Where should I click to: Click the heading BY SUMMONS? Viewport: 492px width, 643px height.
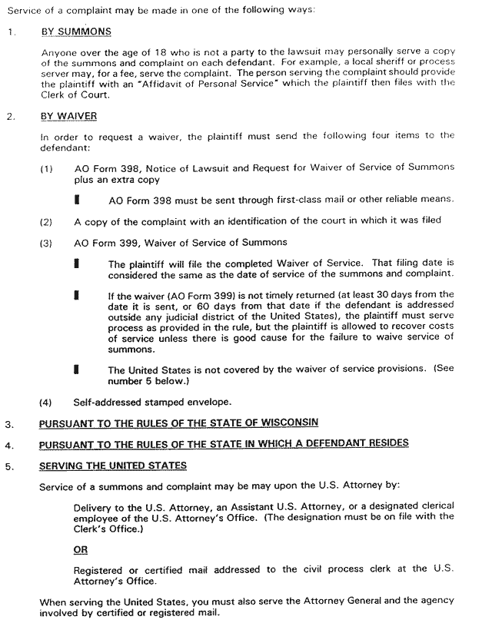click(x=75, y=32)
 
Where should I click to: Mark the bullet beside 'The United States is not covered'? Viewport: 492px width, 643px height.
click(x=76, y=370)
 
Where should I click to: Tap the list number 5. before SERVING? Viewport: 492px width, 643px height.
click(x=8, y=466)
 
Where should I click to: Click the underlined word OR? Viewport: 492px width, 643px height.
click(x=80, y=550)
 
